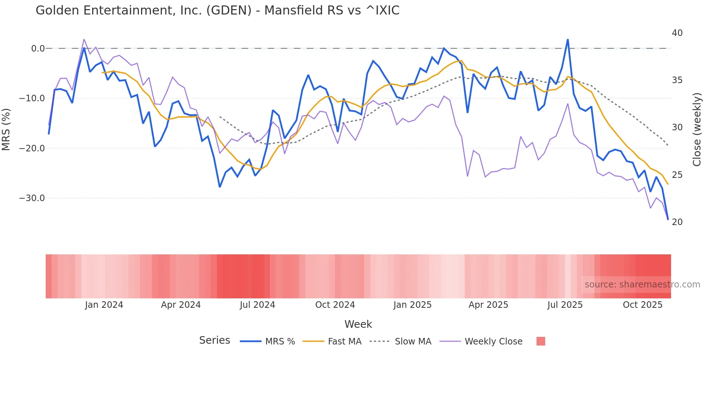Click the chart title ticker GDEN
pyautogui.click(x=229, y=11)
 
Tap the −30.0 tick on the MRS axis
pyautogui.click(x=32, y=198)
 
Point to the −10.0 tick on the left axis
pyautogui.click(x=32, y=98)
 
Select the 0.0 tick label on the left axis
pyautogui.click(x=38, y=49)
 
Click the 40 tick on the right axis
pyautogui.click(x=677, y=33)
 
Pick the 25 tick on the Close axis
pyautogui.click(x=677, y=175)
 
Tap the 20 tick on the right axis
pyautogui.click(x=677, y=222)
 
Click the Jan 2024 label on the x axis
pyautogui.click(x=104, y=305)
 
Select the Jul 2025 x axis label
pyautogui.click(x=565, y=305)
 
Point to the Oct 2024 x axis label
pyautogui.click(x=335, y=305)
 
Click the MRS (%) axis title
pyautogui.click(x=6, y=129)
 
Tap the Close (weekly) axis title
pyautogui.click(x=697, y=130)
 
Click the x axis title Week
pyautogui.click(x=358, y=324)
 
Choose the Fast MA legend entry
pyautogui.click(x=344, y=342)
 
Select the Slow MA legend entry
pyautogui.click(x=413, y=342)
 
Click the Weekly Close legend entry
pyautogui.click(x=493, y=342)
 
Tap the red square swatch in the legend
pyautogui.click(x=541, y=342)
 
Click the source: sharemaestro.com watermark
pyautogui.click(x=642, y=285)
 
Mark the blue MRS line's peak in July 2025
pyautogui.click(x=568, y=40)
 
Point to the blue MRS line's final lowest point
pyautogui.click(x=668, y=219)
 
